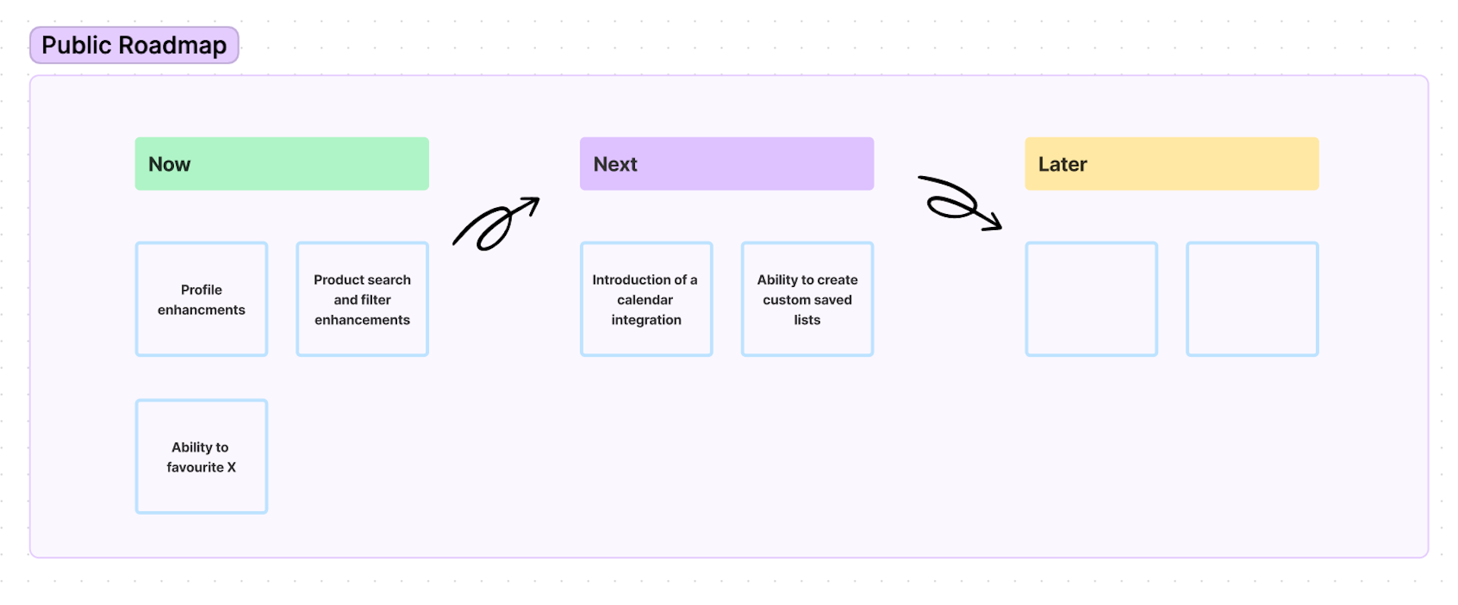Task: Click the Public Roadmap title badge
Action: pos(134,46)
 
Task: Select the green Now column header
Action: pos(282,164)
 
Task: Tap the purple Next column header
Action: pos(727,164)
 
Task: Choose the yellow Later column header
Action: pos(1172,164)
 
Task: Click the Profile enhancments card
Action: pos(201,299)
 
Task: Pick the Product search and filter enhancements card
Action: pos(362,299)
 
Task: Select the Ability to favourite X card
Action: pos(201,457)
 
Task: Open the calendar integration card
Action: pos(646,299)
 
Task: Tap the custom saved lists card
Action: pos(807,299)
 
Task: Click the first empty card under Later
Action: pos(1091,299)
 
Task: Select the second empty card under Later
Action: pos(1252,299)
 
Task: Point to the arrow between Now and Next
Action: pos(495,224)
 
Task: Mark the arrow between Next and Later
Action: pos(960,203)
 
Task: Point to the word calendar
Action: pos(645,300)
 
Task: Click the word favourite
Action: pos(195,468)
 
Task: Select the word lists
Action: pos(807,320)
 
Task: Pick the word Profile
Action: pos(201,290)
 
